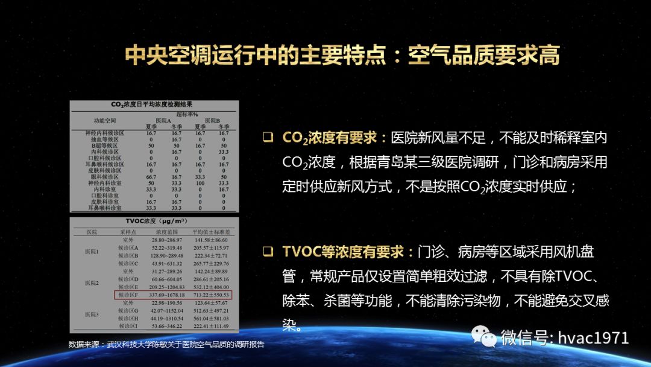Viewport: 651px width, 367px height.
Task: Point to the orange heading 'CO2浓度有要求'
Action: [x=330, y=138]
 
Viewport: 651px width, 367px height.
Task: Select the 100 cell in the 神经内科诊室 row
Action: [x=199, y=183]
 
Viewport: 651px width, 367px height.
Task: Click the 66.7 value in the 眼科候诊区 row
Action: [x=151, y=176]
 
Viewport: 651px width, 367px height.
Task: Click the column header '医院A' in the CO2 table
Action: [x=163, y=120]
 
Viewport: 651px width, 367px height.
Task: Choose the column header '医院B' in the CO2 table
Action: [x=211, y=120]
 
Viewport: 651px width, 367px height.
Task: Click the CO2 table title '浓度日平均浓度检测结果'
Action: [x=154, y=104]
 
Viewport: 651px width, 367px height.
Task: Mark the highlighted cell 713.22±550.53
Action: [x=211, y=295]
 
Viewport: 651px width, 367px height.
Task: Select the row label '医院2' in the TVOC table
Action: [x=92, y=283]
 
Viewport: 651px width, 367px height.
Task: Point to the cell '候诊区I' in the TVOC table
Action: [x=128, y=326]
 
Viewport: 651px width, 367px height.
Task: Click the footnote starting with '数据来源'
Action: [x=166, y=344]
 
